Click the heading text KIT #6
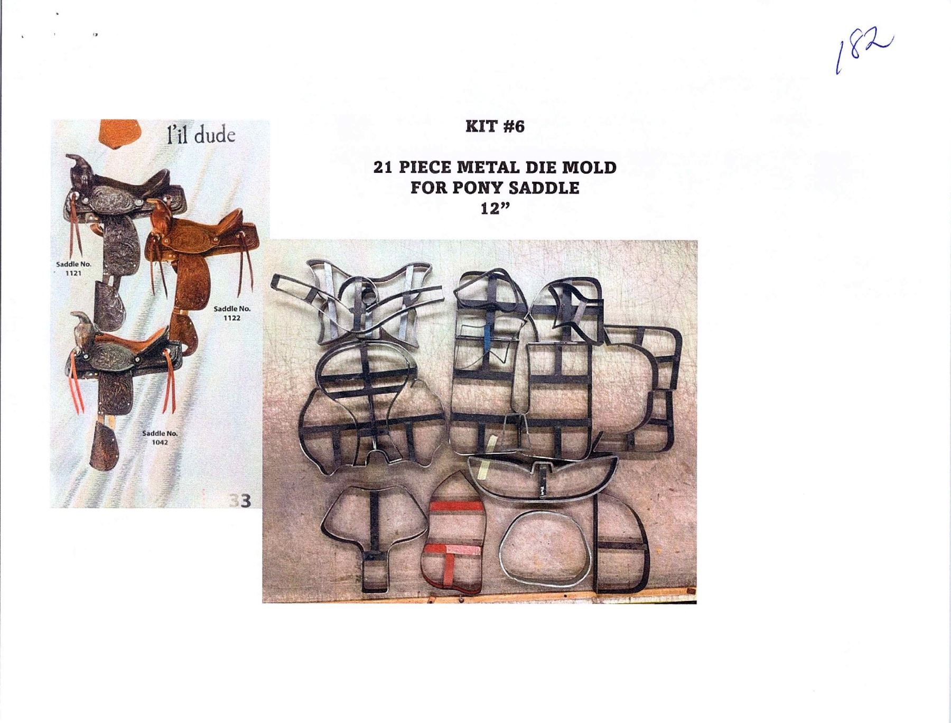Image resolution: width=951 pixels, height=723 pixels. point(495,127)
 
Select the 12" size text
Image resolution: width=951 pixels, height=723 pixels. point(495,208)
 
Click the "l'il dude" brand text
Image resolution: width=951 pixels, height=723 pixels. point(200,135)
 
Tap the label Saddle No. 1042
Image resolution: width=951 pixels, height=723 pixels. point(160,437)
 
